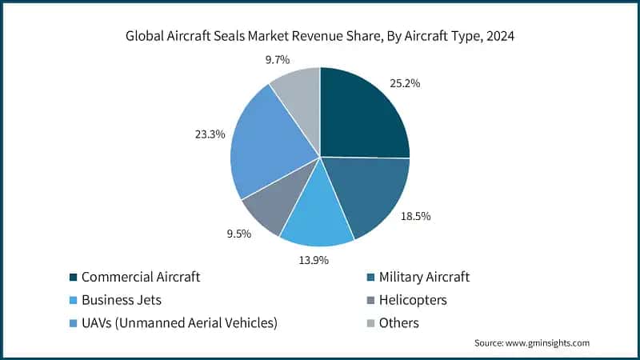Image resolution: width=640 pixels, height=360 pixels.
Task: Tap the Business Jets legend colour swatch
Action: tap(74, 300)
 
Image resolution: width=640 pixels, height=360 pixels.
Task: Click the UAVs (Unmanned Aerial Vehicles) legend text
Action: tap(179, 323)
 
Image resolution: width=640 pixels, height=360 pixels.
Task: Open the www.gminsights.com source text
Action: tap(531, 342)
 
